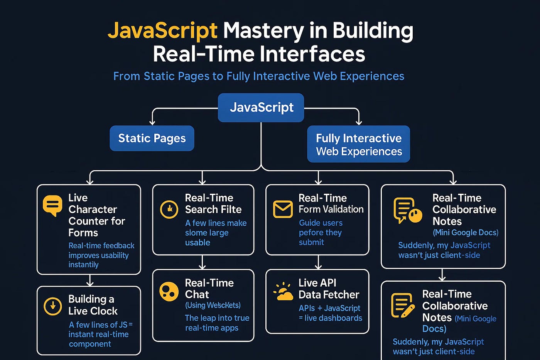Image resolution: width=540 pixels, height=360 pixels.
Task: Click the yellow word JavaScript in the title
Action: point(162,31)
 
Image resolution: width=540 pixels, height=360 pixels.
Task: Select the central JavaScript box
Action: point(261,107)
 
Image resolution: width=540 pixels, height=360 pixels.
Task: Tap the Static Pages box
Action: point(152,138)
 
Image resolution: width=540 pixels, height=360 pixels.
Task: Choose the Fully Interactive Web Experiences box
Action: point(358,144)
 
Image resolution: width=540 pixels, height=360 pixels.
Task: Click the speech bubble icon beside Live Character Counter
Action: point(52,205)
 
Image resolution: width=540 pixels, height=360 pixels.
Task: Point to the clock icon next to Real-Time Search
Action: point(169,210)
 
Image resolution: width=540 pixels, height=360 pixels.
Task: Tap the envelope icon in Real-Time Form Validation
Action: point(283,209)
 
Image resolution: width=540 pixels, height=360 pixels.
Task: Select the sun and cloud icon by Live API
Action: point(283,292)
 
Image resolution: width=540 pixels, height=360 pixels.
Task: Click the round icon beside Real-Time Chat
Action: point(169,291)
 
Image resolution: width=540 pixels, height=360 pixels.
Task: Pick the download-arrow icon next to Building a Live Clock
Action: point(53,306)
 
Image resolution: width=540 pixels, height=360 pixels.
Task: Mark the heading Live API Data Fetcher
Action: point(328,289)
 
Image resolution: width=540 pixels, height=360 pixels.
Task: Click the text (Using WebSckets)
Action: point(213,305)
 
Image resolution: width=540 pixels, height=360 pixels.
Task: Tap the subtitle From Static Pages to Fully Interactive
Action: point(258,76)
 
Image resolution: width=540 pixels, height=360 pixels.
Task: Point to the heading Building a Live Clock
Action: point(93,305)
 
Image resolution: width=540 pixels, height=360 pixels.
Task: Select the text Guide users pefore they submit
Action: point(320,232)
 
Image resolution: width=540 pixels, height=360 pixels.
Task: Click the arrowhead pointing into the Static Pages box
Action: point(152,122)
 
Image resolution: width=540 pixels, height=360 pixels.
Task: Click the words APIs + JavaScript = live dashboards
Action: point(330,313)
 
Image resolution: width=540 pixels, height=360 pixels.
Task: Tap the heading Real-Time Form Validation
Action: point(331,203)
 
